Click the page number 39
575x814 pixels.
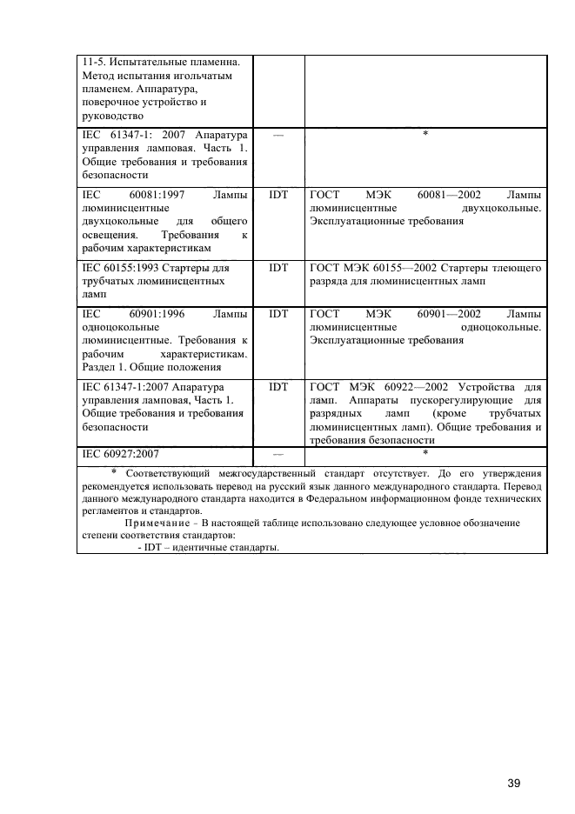513,759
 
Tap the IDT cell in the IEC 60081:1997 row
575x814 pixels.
278,194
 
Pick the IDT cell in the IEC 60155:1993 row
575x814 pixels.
278,268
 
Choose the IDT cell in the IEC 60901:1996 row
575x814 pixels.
278,312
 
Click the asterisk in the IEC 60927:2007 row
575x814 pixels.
425,453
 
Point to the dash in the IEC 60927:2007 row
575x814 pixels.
278,454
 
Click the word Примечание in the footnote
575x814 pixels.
161,523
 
